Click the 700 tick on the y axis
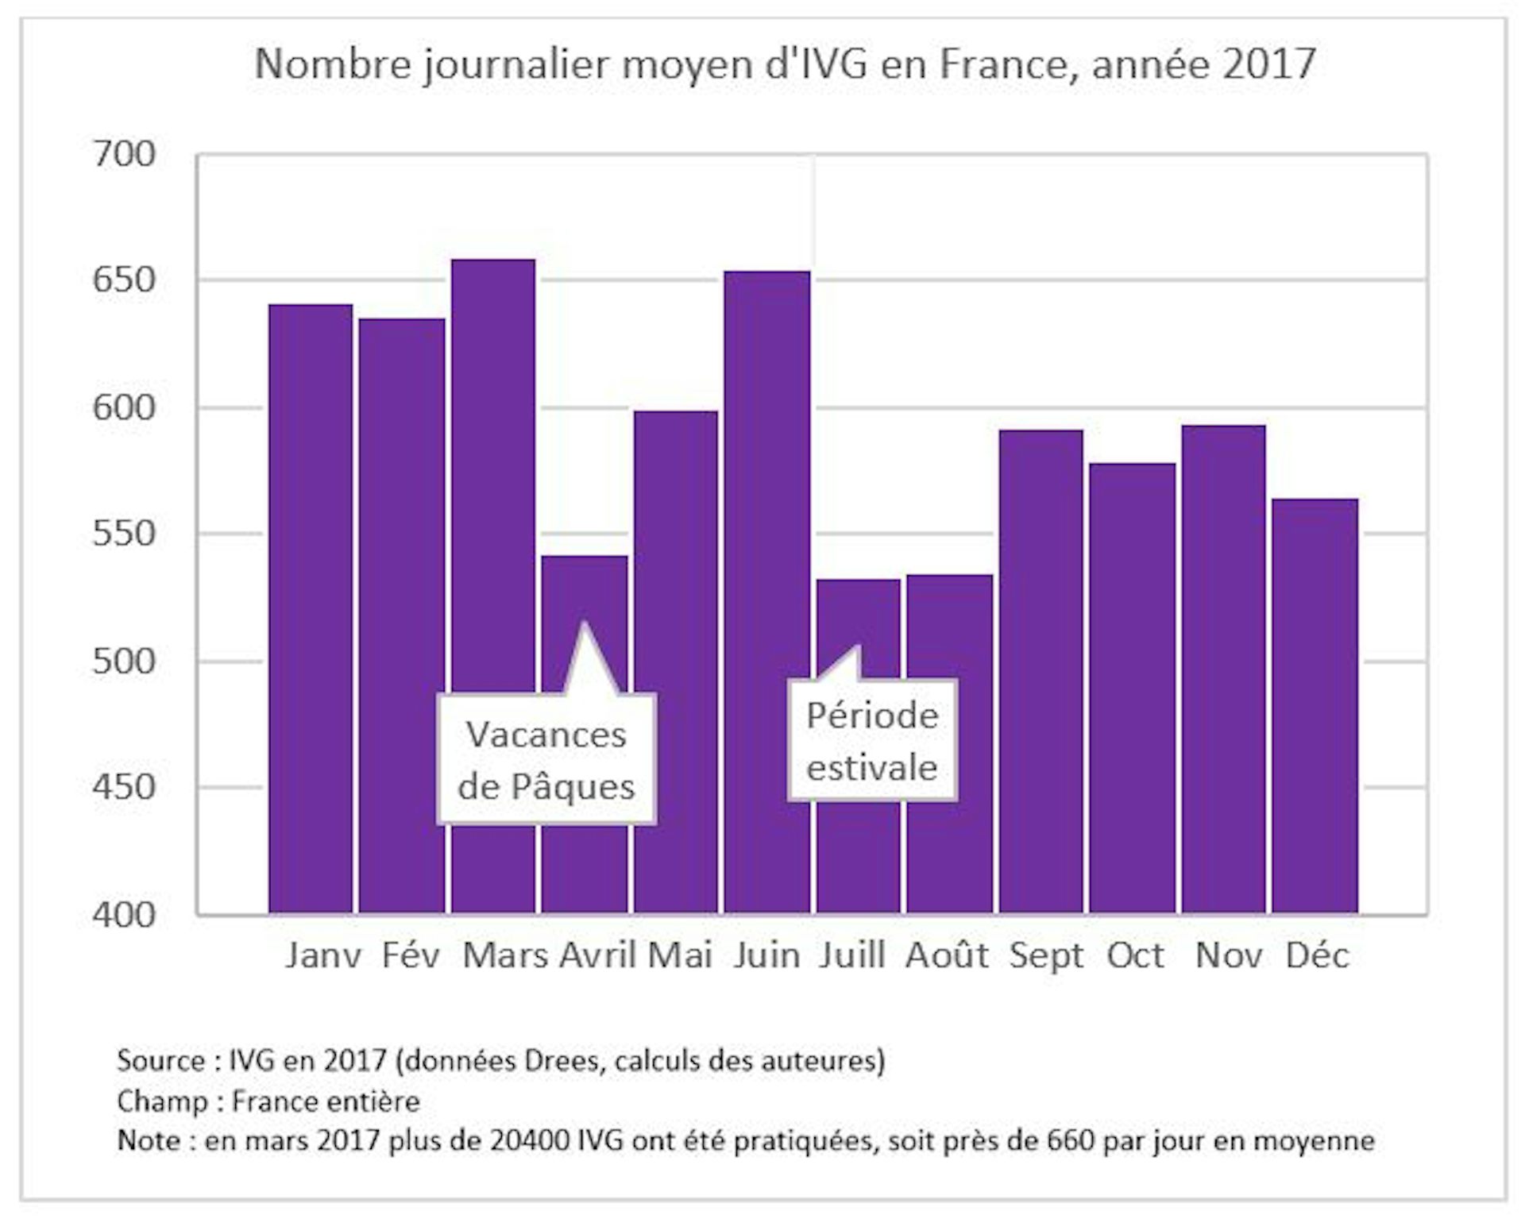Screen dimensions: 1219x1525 coord(125,154)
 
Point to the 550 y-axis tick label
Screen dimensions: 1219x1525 coord(125,534)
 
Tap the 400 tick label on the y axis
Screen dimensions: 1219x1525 coord(125,915)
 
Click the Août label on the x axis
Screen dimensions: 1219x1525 coord(947,955)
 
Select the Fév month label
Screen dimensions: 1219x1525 coord(411,955)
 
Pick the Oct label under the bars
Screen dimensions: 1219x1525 coord(1135,955)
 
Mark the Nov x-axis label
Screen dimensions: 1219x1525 coord(1228,955)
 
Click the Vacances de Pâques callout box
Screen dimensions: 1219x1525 coord(546,759)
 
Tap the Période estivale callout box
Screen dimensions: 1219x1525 coord(872,740)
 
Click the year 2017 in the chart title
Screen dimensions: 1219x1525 coord(1268,64)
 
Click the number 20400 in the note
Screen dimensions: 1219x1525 coord(531,1141)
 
